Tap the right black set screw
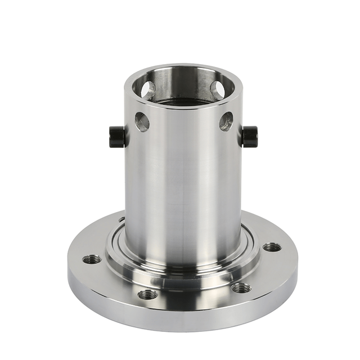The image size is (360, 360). pos(250,136)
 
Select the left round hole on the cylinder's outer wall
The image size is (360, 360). pos(142,121)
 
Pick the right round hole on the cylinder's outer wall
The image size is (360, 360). pos(226,121)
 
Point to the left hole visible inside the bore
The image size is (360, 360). pos(148,89)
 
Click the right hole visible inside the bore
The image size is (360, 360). pos(217,89)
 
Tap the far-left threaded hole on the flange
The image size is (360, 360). pos(92,259)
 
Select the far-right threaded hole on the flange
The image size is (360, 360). pos(272,247)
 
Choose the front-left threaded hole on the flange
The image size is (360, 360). pos(148,294)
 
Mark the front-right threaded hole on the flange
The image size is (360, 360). pos(241,287)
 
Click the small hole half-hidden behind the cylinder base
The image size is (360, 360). pos(121,219)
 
